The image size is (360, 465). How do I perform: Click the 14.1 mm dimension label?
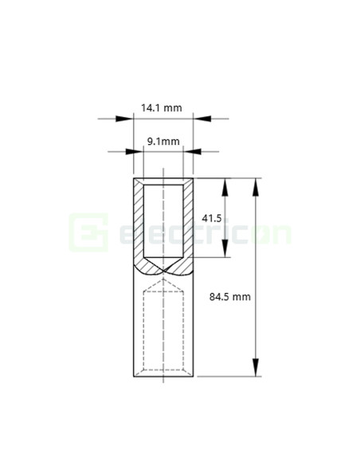[162, 106]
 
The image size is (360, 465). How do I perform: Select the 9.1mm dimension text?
[163, 141]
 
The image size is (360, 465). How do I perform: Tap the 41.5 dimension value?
[211, 217]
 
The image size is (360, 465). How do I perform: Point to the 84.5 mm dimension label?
[230, 296]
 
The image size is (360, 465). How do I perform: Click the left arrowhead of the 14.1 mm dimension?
[124, 119]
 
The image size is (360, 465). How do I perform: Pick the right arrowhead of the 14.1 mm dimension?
[202, 119]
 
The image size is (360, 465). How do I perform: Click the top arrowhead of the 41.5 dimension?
[226, 186]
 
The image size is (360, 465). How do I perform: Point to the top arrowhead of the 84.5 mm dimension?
[256, 186]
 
